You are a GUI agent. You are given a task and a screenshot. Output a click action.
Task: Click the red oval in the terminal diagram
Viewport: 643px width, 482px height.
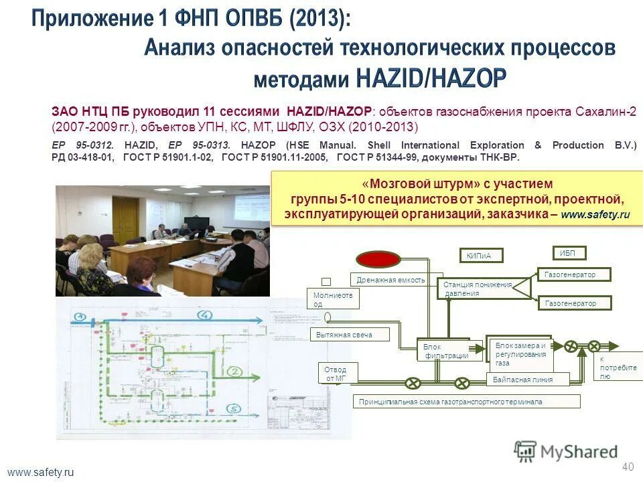coord(377,258)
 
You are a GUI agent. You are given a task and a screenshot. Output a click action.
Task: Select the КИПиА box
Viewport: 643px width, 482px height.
coord(480,255)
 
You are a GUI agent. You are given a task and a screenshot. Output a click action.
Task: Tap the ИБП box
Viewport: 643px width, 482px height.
coord(569,252)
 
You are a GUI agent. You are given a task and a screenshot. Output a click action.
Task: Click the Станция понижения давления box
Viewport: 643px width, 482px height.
coord(476,289)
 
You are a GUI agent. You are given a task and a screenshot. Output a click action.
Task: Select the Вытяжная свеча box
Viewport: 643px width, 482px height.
coord(350,334)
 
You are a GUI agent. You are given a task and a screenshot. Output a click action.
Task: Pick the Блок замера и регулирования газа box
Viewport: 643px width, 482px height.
coord(519,353)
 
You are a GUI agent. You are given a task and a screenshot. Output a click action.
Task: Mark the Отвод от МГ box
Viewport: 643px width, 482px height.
coord(336,374)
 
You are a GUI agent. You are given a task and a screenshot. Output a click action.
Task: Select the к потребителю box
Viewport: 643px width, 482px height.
coord(615,368)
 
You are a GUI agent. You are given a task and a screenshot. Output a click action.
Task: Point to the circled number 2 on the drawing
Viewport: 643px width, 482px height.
coord(233,371)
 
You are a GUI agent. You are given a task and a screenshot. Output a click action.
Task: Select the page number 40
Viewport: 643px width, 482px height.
coord(627,467)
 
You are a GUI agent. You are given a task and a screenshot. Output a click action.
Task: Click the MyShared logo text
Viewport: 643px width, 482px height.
coord(579,453)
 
